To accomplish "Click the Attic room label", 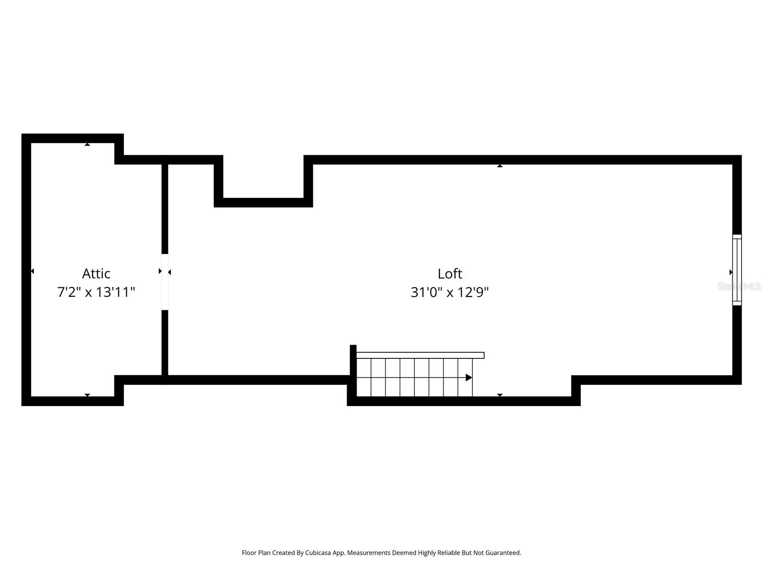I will [x=96, y=274].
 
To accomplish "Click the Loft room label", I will [x=450, y=274].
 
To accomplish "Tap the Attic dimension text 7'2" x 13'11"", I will [x=96, y=292].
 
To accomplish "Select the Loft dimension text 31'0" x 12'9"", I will [x=450, y=292].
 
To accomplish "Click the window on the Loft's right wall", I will [x=737, y=270].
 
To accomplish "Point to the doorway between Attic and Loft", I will [x=165, y=282].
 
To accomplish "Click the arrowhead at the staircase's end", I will [x=469, y=378].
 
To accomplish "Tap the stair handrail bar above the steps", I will [x=420, y=355].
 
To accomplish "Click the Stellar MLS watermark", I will [x=739, y=286].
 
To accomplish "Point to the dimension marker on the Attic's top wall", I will [x=87, y=144].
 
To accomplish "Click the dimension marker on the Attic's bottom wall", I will [x=87, y=395].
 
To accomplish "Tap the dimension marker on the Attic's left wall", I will [x=32, y=271].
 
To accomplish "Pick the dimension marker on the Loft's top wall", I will [x=500, y=165].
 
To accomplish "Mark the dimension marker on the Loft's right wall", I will [x=731, y=272].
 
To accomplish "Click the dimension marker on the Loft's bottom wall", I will [x=500, y=395].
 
